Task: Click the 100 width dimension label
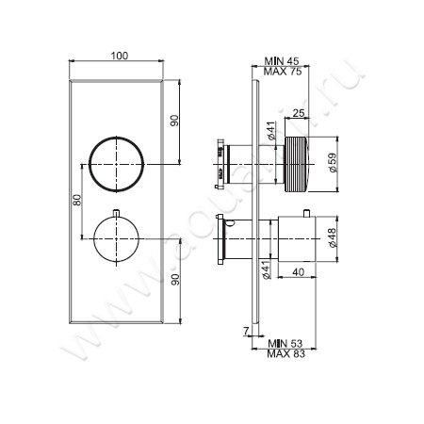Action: pos(119,57)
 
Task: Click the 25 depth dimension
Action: pos(299,114)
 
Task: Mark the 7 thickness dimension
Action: pos(244,331)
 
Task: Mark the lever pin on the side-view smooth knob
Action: pos(229,222)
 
